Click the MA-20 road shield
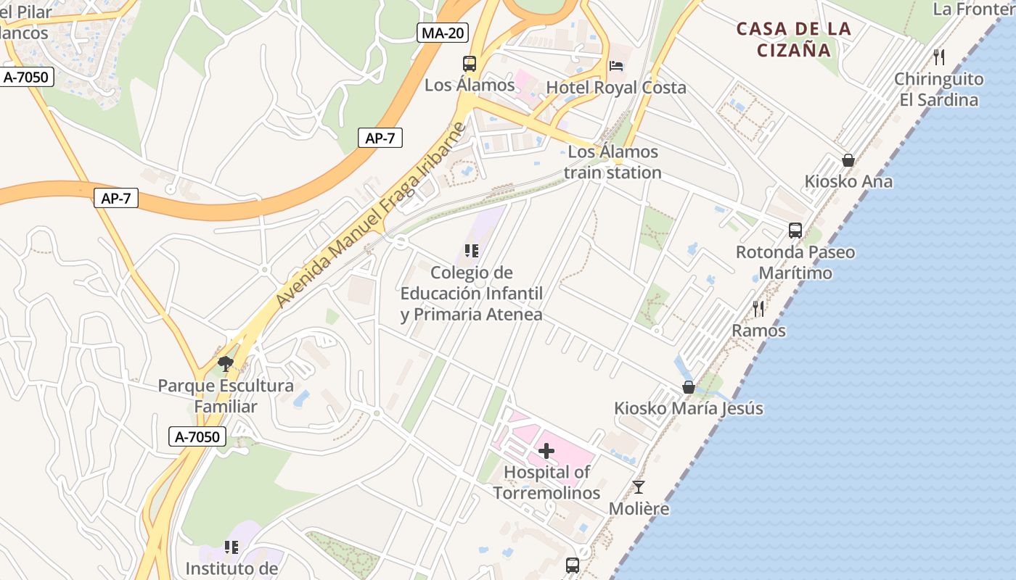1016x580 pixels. point(443,33)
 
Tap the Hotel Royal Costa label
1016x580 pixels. point(615,88)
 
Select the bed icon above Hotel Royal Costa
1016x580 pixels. point(616,66)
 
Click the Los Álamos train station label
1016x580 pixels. point(613,162)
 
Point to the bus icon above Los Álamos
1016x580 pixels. point(470,64)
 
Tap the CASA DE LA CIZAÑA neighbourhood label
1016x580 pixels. point(793,39)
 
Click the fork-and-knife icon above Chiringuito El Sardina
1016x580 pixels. point(939,57)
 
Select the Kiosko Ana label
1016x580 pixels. point(848,181)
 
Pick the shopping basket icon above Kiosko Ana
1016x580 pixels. point(848,160)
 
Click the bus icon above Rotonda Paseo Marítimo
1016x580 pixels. point(795,231)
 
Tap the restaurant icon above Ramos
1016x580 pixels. point(758,309)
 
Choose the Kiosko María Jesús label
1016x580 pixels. point(689,408)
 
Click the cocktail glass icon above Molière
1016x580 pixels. point(639,487)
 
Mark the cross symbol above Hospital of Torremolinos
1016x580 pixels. point(546,452)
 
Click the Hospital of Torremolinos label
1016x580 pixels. point(547,482)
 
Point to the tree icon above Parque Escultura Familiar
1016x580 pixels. point(226,363)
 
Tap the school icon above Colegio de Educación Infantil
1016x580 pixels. point(472,252)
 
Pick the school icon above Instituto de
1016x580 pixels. point(232,547)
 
